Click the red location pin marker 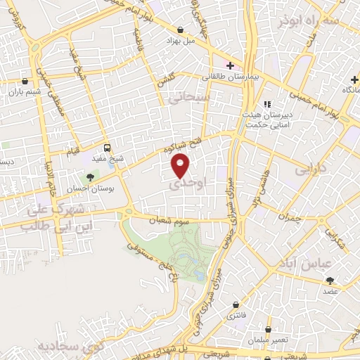click(x=181, y=165)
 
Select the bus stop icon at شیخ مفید click(x=107, y=148)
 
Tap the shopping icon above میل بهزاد click(x=181, y=30)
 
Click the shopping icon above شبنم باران click(x=25, y=81)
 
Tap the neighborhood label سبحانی click(x=189, y=99)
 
